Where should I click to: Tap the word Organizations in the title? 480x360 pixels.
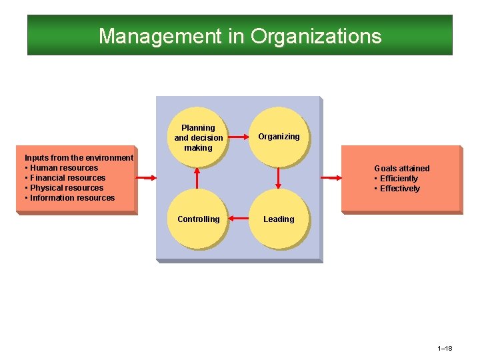click(316, 36)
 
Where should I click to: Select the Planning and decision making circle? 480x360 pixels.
click(198, 137)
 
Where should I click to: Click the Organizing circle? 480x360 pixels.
click(279, 137)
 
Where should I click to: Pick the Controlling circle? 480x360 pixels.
click(198, 219)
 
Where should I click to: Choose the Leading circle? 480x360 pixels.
click(279, 219)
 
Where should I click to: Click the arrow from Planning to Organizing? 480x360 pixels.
click(238, 137)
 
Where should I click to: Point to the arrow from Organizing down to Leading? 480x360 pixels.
click(279, 178)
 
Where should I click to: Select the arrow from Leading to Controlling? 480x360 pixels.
click(238, 219)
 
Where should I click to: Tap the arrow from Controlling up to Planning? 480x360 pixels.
click(198, 178)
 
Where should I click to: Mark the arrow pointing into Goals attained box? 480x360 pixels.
click(331, 178)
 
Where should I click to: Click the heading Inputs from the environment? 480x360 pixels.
click(79, 158)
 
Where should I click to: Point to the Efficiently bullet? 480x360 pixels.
click(399, 179)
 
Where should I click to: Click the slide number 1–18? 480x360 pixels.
click(445, 349)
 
